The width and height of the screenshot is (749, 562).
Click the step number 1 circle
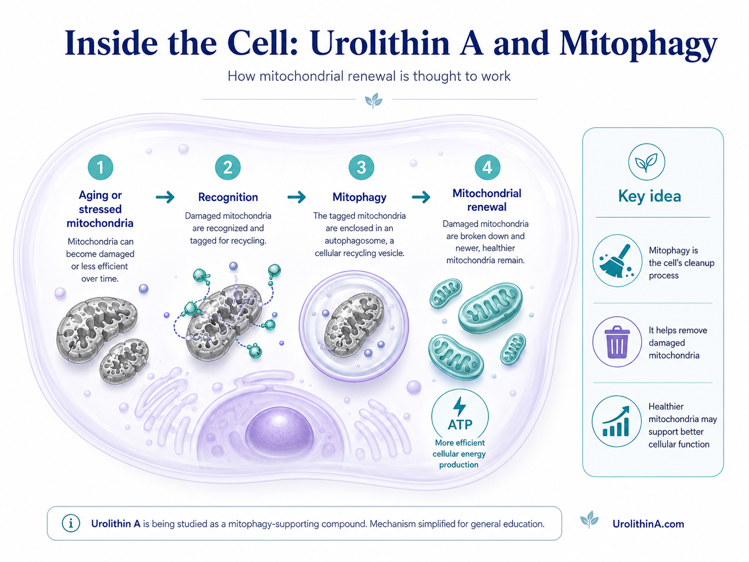pos(100,167)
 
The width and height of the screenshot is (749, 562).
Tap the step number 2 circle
pos(228,167)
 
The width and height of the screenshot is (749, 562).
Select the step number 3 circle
pos(362,167)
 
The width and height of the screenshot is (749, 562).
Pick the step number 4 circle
pos(487,167)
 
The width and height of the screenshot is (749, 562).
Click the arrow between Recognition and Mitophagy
pos(296,197)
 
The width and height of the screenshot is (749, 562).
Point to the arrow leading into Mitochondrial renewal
pos(421,197)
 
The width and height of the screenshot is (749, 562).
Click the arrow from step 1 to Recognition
pos(165,197)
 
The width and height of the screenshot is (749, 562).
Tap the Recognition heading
pos(228,197)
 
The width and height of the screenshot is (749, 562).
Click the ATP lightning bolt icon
pos(459,407)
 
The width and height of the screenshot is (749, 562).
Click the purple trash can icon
pos(617,342)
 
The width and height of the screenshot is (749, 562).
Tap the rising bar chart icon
pos(616,422)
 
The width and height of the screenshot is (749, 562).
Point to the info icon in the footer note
pos(71,523)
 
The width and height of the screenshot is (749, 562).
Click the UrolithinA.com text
pos(648,524)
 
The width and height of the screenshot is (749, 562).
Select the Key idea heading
pos(649,196)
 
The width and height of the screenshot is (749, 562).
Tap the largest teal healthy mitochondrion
pos(490,307)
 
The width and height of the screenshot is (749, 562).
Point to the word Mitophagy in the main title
pos(638,43)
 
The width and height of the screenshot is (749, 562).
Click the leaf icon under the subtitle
pos(373,100)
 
